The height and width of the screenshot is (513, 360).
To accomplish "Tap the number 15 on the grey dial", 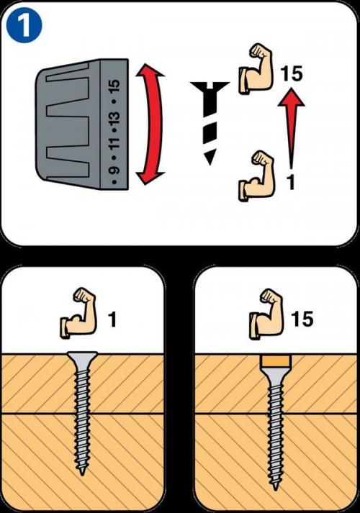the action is point(115,86).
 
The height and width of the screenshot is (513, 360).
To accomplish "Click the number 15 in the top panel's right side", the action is point(292,73).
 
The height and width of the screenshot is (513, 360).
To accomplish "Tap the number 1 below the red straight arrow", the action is point(291,182).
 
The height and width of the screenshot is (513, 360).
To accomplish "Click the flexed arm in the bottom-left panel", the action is point(78,313).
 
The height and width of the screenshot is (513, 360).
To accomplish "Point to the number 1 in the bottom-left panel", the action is point(112,319).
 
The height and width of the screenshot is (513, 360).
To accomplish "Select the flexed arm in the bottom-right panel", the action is point(266,313).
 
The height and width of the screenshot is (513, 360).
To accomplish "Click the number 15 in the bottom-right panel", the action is point(302,319).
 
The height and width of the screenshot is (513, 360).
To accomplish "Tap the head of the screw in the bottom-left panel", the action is point(82,358).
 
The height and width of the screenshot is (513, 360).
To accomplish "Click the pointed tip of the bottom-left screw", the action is point(82,473).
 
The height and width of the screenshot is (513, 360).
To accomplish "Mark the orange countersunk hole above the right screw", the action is point(276,360).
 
